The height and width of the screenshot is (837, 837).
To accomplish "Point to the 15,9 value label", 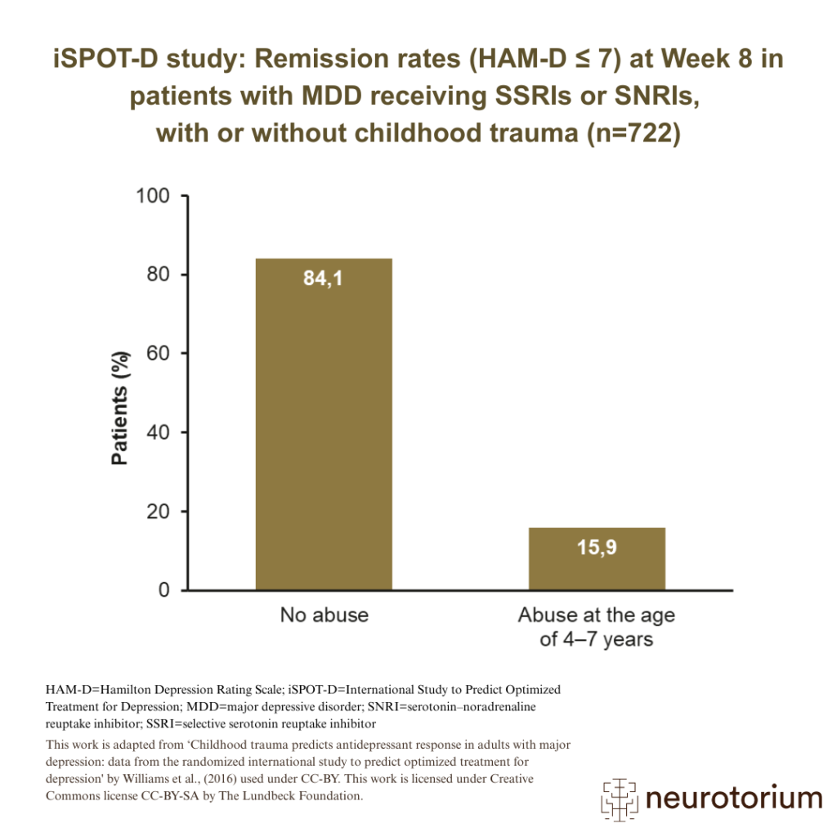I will pyautogui.click(x=597, y=548).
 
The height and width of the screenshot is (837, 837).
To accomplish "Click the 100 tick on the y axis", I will pyautogui.click(x=151, y=196).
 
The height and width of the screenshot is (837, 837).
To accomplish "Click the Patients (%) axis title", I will pyautogui.click(x=120, y=408).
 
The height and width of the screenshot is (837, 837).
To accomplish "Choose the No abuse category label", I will pyautogui.click(x=324, y=615).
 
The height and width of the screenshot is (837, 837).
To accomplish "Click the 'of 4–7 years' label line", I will pyautogui.click(x=597, y=639).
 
